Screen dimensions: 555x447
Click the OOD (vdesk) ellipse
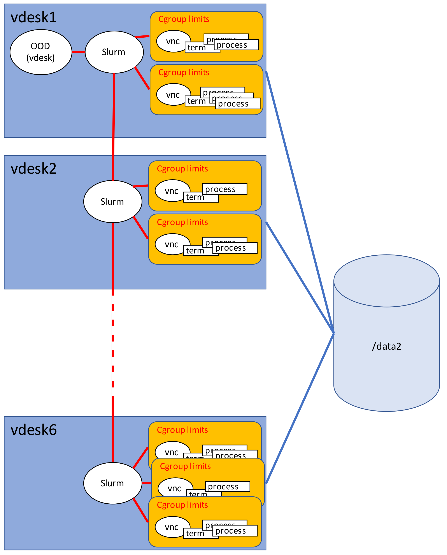coord(41,52)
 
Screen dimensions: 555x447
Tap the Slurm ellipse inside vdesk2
coord(112,202)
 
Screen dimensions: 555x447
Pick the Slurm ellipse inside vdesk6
coord(112,483)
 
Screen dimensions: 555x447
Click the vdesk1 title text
coord(33,17)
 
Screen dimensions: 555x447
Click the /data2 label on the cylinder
coord(386,346)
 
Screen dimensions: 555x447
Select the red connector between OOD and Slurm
coord(78,52)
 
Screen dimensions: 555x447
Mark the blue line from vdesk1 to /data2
coord(300,203)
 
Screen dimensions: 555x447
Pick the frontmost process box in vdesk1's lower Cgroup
coord(237,104)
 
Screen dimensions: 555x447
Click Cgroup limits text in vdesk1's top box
coord(184,19)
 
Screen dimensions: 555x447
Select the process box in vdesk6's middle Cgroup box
coord(227,487)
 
